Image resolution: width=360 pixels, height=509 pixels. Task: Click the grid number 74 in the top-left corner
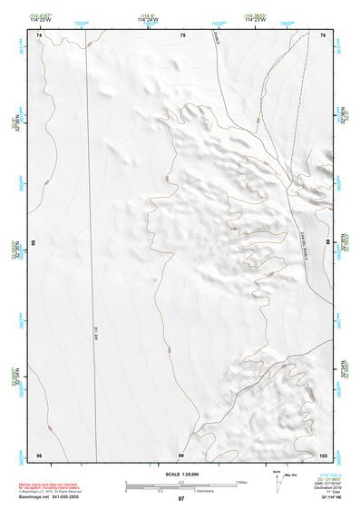click(39, 34)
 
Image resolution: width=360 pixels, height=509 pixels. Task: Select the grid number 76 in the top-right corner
click(323, 34)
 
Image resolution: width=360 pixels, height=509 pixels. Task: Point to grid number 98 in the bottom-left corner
click(39, 454)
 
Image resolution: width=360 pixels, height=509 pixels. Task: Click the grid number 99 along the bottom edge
click(181, 454)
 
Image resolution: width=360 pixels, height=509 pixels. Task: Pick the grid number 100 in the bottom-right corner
click(324, 454)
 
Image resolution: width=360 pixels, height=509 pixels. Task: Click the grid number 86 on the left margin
click(33, 245)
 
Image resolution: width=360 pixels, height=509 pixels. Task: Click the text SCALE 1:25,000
click(180, 474)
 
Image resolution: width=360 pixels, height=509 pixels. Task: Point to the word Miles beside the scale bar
click(242, 481)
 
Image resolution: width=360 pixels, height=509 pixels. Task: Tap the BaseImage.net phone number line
click(54, 498)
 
